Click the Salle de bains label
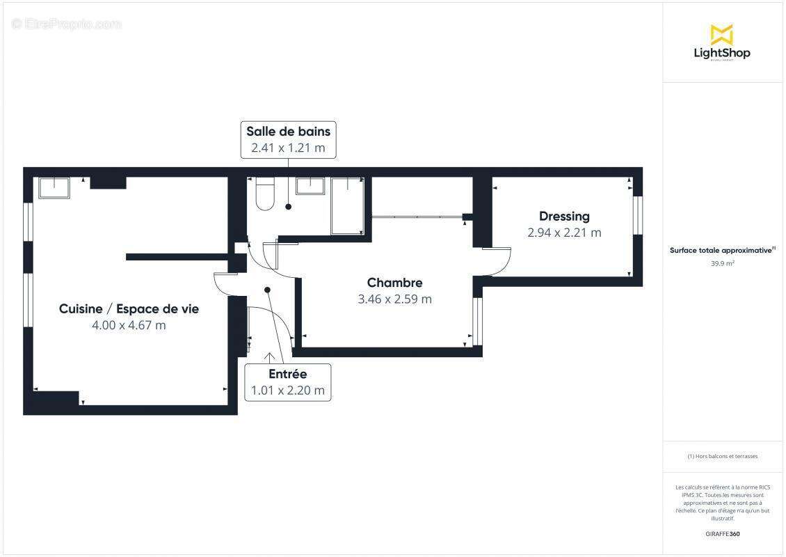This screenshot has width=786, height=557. pyautogui.click(x=288, y=131)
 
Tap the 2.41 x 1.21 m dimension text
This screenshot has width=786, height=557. pyautogui.click(x=288, y=148)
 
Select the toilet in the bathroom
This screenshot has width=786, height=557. pyautogui.click(x=265, y=194)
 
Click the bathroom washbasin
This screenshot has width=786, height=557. pyautogui.click(x=310, y=186)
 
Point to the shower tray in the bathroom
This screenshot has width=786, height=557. pyautogui.click(x=346, y=205)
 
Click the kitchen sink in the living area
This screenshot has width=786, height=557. pyautogui.click(x=54, y=188)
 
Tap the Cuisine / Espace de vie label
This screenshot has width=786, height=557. pyautogui.click(x=129, y=309)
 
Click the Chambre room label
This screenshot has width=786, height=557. pyautogui.click(x=394, y=283)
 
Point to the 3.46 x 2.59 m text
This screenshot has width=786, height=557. pyautogui.click(x=394, y=299)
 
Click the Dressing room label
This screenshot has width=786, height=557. pyautogui.click(x=564, y=217)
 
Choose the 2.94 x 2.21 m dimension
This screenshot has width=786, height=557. pyautogui.click(x=564, y=233)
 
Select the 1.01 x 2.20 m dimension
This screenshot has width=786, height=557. pyautogui.click(x=287, y=391)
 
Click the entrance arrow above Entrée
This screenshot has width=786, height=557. pyautogui.click(x=269, y=357)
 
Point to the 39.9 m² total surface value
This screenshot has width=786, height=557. pyautogui.click(x=722, y=263)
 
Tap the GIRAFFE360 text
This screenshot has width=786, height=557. pyautogui.click(x=722, y=534)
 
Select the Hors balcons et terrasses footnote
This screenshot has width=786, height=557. pyautogui.click(x=722, y=456)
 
